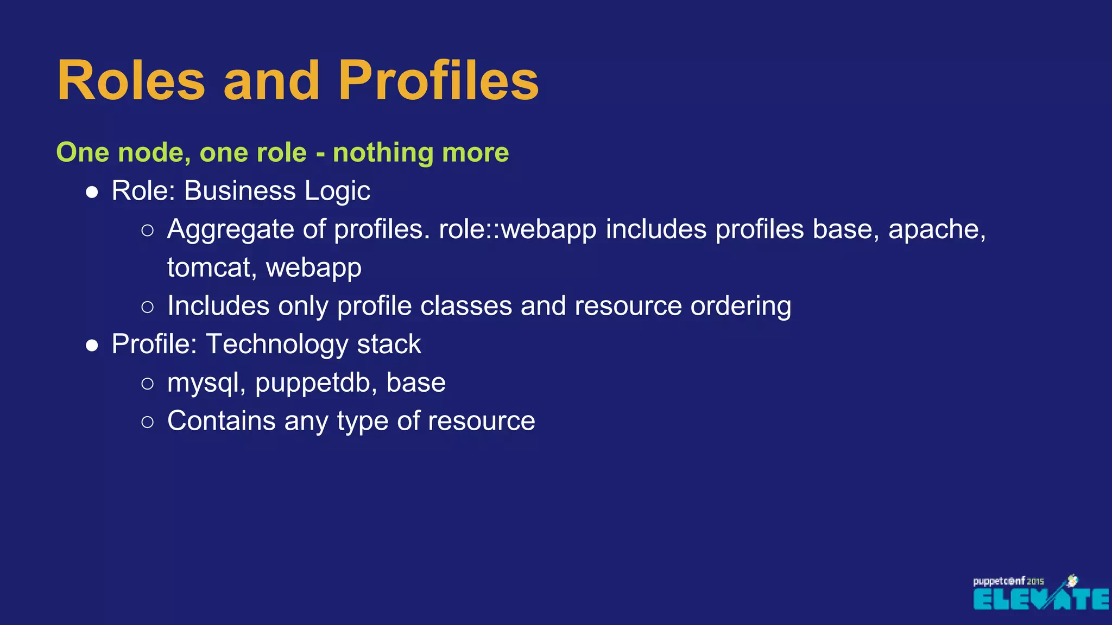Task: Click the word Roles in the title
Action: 131,81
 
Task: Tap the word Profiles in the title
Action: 438,81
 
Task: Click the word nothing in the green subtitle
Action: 383,152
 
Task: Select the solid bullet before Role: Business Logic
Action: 92,192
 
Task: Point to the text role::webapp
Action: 517,229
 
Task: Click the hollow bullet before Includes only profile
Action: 147,307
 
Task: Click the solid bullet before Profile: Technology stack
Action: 92,346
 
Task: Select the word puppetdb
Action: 317,383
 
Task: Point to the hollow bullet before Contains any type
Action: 147,422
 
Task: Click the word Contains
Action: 221,421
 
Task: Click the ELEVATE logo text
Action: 1040,600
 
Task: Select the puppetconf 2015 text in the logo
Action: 1008,581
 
